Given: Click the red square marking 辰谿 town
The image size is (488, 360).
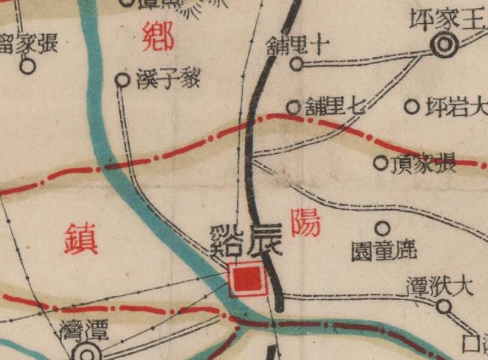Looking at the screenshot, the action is [x=247, y=279].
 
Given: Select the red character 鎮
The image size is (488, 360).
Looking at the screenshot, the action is [x=81, y=238].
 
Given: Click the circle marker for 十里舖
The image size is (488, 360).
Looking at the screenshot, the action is [x=296, y=64].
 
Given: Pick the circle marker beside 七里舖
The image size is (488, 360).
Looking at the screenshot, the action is [x=293, y=107].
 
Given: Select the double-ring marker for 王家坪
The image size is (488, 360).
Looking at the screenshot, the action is [x=443, y=44].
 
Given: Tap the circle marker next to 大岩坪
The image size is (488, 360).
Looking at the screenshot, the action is [x=412, y=107].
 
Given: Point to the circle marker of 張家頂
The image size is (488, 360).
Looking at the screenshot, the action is [x=381, y=162].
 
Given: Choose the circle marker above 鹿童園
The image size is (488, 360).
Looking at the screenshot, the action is [x=382, y=229].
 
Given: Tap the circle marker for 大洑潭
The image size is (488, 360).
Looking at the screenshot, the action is [x=443, y=307].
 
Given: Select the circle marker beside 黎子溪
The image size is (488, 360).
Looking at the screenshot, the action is [x=123, y=80].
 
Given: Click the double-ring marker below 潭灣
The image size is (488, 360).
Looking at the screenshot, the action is [x=86, y=354].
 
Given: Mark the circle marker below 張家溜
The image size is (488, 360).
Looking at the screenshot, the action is [x=27, y=66].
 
